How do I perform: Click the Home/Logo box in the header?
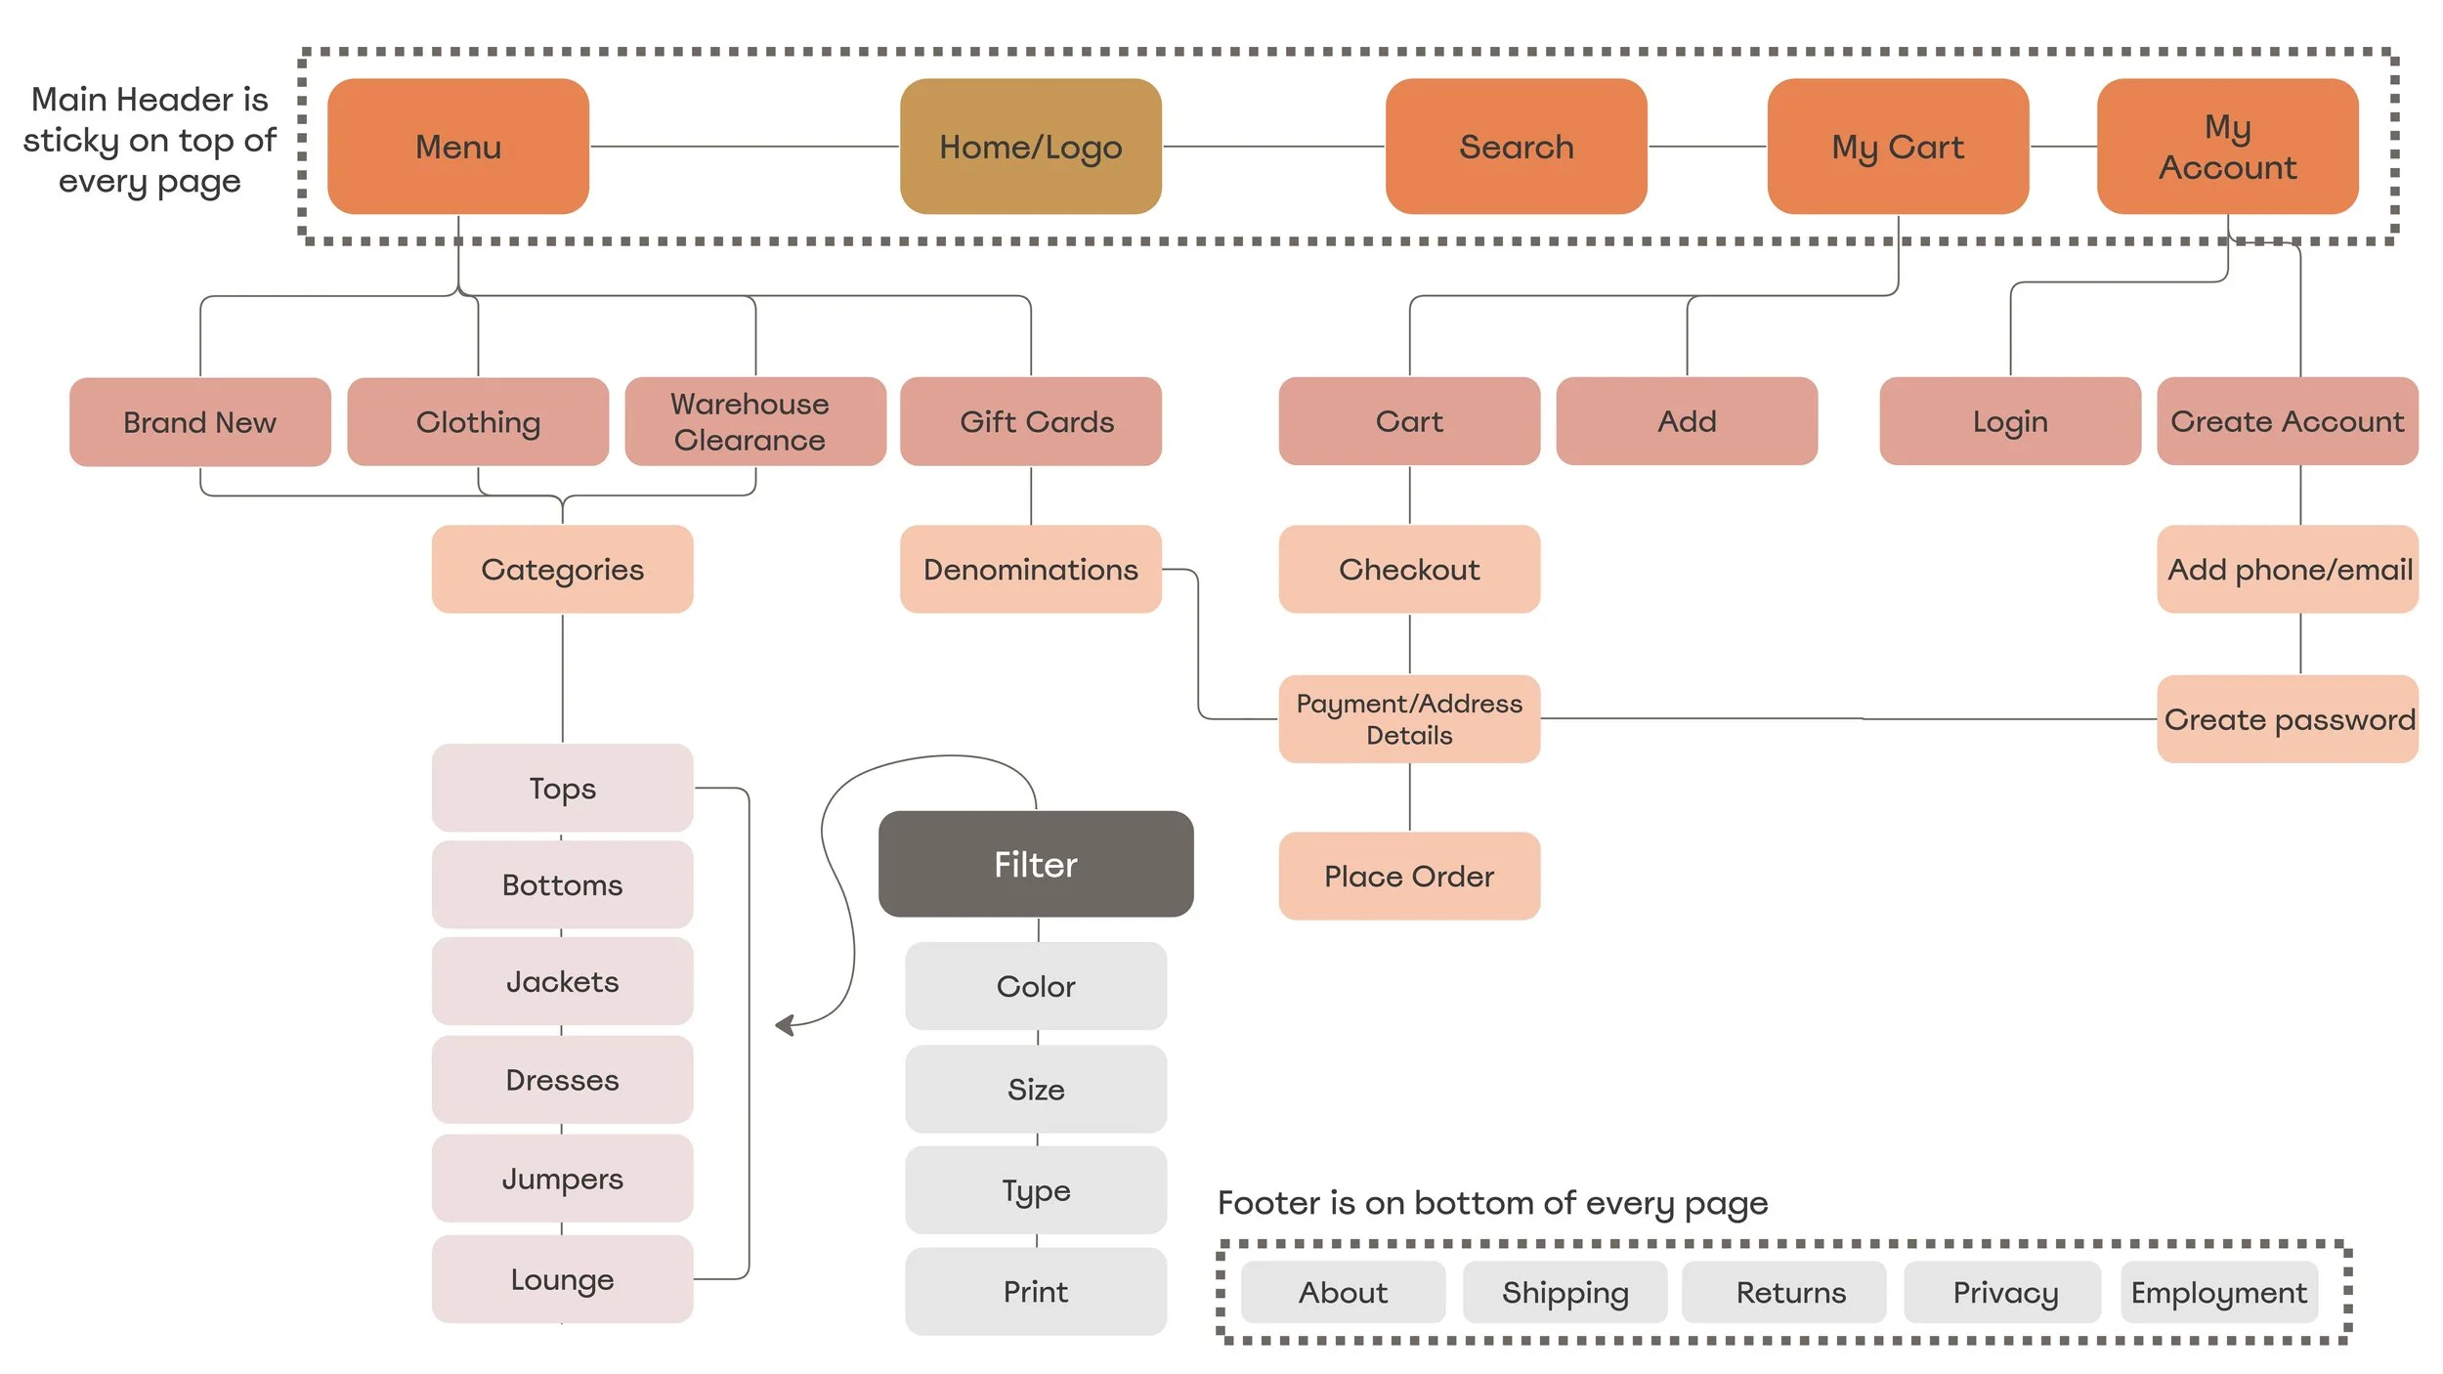click(x=1030, y=147)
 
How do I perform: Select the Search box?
click(x=1516, y=147)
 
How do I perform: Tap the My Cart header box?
click(x=1897, y=147)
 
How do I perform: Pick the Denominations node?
click(x=1030, y=569)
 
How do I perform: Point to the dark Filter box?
click(x=1035, y=864)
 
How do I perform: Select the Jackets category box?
click(x=562, y=981)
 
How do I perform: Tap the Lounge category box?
click(x=562, y=1279)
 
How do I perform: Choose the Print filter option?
click(x=1035, y=1291)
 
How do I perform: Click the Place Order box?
click(x=1408, y=876)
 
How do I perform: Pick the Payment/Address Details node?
click(x=1408, y=718)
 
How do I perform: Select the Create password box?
click(x=2287, y=718)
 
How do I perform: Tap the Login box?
click(x=2009, y=421)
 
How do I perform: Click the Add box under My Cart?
click(x=1686, y=421)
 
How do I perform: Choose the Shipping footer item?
click(x=1564, y=1292)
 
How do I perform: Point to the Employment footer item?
click(x=2218, y=1292)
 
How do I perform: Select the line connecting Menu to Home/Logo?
click(x=743, y=147)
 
